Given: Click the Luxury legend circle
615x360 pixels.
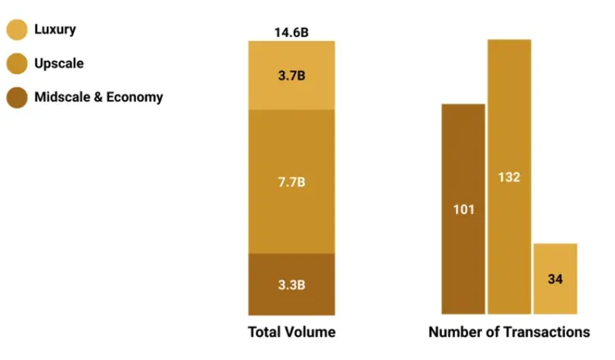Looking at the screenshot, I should (x=17, y=30).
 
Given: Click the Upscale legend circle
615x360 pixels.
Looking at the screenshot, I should (x=17, y=64).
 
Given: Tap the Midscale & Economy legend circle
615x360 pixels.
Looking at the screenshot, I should (x=17, y=98).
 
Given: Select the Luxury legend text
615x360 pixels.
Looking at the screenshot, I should (x=55, y=30).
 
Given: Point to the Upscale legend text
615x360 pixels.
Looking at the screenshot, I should (x=59, y=63).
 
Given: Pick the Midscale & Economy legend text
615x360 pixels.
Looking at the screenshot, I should (x=98, y=97).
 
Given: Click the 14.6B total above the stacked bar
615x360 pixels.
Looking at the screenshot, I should (x=292, y=33).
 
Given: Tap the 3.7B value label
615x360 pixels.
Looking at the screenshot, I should (x=292, y=75).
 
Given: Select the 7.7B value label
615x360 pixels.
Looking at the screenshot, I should (x=292, y=180).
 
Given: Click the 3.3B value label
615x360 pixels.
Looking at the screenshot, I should (x=292, y=285).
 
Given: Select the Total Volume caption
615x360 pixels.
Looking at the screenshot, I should (x=292, y=332).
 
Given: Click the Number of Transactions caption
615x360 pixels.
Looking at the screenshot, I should (x=509, y=332).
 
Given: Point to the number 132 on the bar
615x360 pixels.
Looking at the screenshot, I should (x=509, y=177).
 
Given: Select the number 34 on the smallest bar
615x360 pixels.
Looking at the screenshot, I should (x=555, y=279).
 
